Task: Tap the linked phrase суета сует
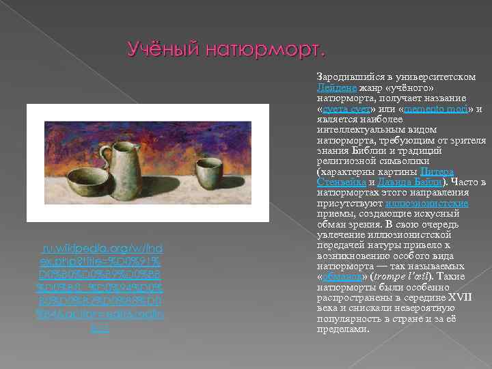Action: coord(347,109)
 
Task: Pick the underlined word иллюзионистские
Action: coord(426,203)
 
